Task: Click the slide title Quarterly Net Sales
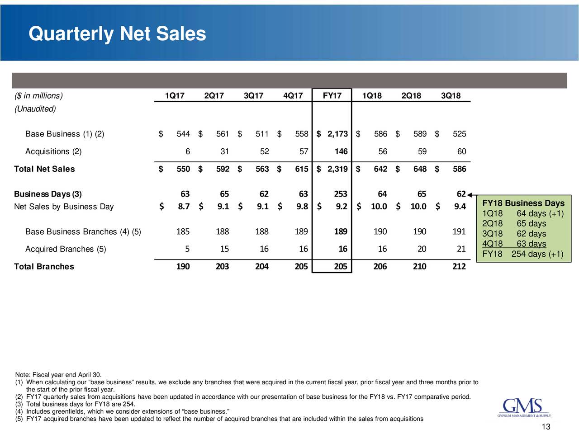click(x=117, y=34)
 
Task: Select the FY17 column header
click(x=332, y=95)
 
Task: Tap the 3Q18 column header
click(x=451, y=95)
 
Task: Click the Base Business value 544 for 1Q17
click(x=183, y=134)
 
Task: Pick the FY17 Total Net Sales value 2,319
click(x=337, y=169)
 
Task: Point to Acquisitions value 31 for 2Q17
click(x=224, y=151)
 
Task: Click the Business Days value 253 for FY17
click(x=340, y=194)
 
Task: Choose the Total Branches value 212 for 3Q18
click(x=459, y=267)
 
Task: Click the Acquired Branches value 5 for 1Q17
click(x=187, y=249)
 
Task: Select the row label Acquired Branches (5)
click(x=66, y=249)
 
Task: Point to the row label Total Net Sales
click(x=44, y=169)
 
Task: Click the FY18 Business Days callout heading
click(x=523, y=203)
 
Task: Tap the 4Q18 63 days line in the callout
click(x=514, y=244)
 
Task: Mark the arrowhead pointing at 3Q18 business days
click(x=470, y=195)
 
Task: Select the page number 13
click(x=546, y=427)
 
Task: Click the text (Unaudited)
click(x=35, y=109)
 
